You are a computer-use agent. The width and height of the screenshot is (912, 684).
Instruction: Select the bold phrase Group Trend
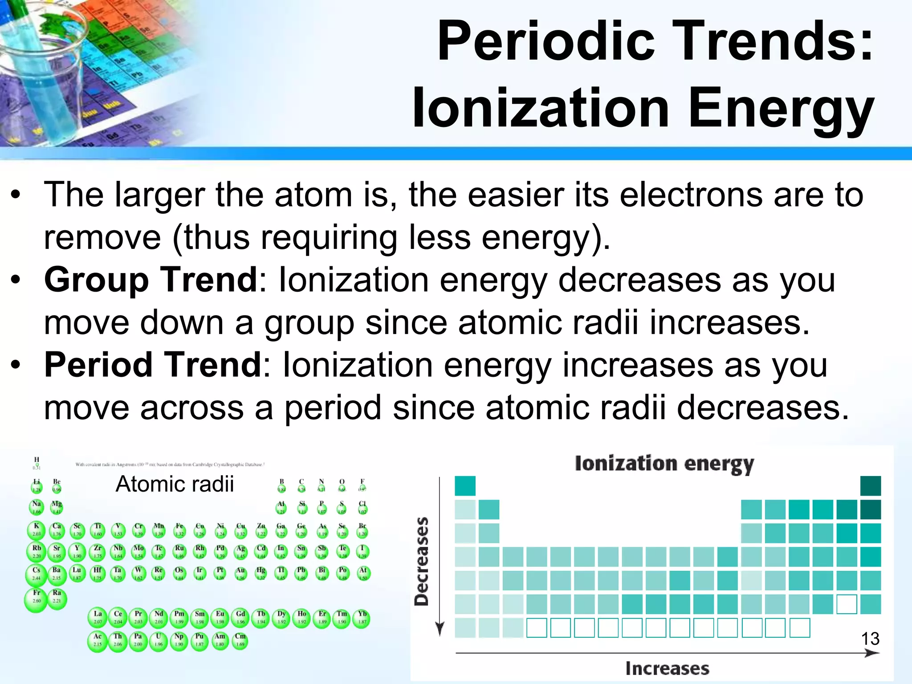click(151, 280)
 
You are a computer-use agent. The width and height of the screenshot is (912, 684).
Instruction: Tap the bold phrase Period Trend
click(153, 365)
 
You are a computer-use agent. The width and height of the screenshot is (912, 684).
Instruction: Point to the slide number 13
click(870, 639)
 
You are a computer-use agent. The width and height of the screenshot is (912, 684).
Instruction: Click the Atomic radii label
click(174, 484)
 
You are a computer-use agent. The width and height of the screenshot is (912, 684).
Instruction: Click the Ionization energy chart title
click(664, 464)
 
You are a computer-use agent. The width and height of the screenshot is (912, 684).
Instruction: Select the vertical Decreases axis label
click(421, 562)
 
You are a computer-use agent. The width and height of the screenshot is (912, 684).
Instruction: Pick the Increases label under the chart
click(667, 668)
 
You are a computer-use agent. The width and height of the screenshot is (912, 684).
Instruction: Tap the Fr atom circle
click(36, 599)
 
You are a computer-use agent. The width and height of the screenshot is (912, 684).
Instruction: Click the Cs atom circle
click(36, 574)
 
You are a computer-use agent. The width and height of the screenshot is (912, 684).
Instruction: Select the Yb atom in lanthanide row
click(362, 619)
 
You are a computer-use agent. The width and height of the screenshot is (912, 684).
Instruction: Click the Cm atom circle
click(240, 641)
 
